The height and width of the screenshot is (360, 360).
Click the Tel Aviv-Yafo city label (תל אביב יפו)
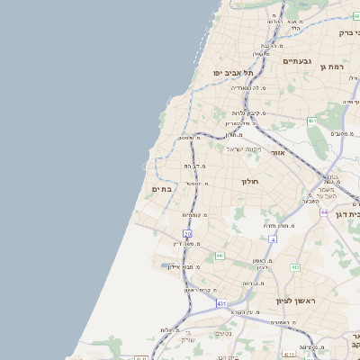point(231,72)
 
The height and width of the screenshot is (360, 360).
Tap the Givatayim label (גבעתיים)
point(297,61)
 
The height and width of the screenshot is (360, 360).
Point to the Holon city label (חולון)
point(249,181)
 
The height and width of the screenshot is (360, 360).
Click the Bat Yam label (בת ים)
point(162,189)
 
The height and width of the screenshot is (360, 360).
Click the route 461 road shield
point(311,121)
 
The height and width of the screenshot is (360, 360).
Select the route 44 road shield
point(323,212)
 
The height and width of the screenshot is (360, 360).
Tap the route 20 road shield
point(188,234)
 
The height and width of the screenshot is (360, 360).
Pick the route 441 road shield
point(220,256)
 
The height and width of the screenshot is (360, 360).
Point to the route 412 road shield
point(294,267)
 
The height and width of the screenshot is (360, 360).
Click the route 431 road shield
point(221,303)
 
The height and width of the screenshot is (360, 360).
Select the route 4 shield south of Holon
point(272,239)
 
